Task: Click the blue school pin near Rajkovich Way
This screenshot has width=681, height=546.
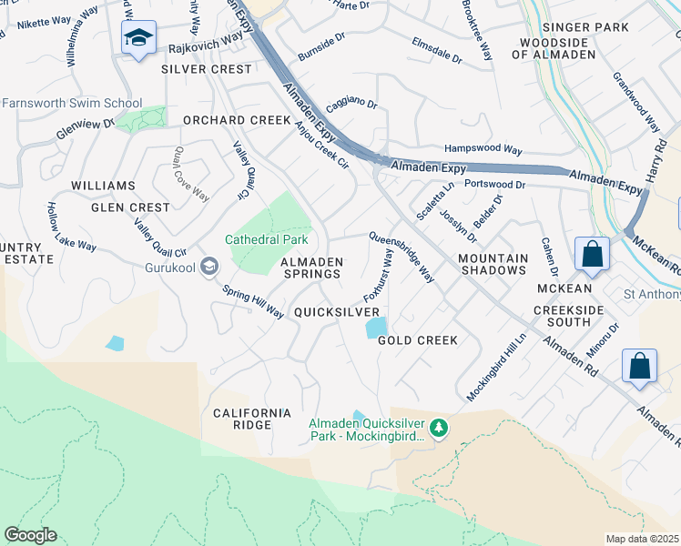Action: [x=137, y=38]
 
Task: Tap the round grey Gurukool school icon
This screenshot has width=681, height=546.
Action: [x=209, y=267]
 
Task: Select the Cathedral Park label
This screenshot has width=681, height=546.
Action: [x=267, y=240]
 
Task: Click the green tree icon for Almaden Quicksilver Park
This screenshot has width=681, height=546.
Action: [x=439, y=427]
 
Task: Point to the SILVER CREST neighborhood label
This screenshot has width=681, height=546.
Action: [x=207, y=69]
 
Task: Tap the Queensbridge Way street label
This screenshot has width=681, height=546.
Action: [x=401, y=258]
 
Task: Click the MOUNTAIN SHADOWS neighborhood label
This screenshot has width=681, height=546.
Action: [x=493, y=265]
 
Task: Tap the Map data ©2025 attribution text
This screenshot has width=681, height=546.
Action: [x=642, y=539]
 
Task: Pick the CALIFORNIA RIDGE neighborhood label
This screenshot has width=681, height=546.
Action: [x=252, y=419]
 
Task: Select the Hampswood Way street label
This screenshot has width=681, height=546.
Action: [x=483, y=149]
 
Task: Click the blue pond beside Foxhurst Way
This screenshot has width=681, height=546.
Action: [x=375, y=327]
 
